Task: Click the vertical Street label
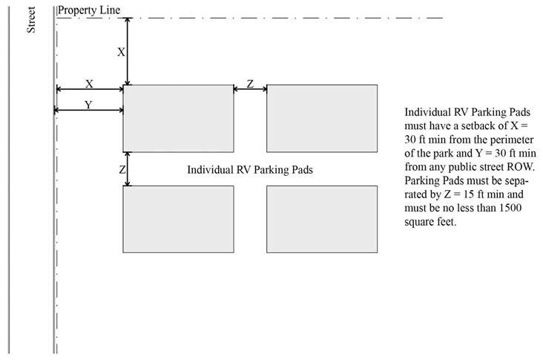tap(31, 20)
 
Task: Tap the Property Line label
tap(89, 10)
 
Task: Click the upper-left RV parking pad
tap(178, 119)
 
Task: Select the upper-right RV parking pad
tap(322, 119)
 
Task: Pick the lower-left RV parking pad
tap(178, 219)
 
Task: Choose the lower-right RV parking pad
tap(322, 219)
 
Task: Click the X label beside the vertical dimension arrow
tap(121, 52)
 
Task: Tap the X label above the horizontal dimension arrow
tap(89, 84)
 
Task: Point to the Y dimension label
tap(89, 105)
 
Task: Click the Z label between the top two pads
tap(250, 84)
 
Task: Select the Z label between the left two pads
tap(122, 170)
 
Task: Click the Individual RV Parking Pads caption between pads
tap(250, 170)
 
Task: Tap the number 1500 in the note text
tap(510, 208)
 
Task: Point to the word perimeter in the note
tap(512, 140)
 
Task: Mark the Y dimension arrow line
tap(89, 110)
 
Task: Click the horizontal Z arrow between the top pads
tap(250, 89)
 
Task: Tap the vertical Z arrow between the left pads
tap(128, 169)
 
